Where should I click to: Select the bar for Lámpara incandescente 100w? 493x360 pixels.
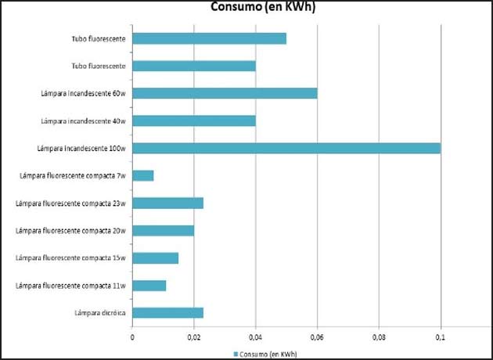coord(286,148)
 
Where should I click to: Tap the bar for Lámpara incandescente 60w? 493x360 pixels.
coord(225,93)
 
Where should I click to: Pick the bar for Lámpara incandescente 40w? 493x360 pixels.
coord(194,121)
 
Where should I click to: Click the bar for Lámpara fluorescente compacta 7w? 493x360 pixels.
coord(143,175)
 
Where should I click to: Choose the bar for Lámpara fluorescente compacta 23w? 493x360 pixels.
coord(167,203)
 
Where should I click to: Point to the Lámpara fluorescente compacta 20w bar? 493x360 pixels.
coord(163,230)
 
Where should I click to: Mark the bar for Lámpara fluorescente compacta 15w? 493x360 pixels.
coord(155,258)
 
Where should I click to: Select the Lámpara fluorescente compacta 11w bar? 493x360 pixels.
coord(149,286)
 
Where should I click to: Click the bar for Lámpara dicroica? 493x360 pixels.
coord(167,313)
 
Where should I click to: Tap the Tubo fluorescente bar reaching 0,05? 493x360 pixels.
coord(209,38)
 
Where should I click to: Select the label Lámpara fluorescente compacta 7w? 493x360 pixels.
coord(73,176)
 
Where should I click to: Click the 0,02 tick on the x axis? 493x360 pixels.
coord(194,337)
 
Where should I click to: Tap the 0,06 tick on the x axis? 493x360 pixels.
coord(317,337)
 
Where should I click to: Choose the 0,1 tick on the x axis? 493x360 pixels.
coord(441,337)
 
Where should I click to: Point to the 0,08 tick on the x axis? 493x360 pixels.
coord(379,337)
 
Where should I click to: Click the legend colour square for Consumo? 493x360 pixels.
coord(234,353)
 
